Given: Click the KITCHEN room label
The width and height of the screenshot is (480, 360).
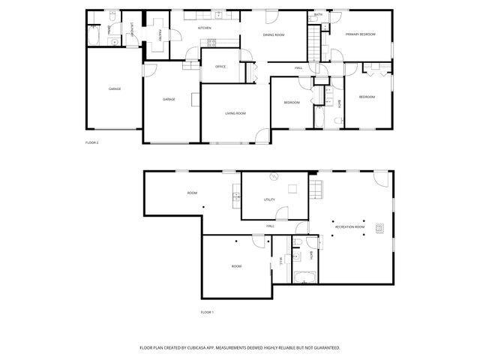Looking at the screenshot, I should point(203,28).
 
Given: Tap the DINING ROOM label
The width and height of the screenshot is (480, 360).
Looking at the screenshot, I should point(273,35).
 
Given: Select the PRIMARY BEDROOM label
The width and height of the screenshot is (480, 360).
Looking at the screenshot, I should point(360,35).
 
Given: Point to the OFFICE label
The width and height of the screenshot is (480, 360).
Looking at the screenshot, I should point(220,67).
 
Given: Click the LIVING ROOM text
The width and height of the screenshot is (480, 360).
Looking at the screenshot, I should point(235,113).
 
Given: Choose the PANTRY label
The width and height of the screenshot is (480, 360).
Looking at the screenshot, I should point(160,34).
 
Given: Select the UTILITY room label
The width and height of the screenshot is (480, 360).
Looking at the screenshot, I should point(270,200).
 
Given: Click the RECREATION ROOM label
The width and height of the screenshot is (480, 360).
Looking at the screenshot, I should point(349,226).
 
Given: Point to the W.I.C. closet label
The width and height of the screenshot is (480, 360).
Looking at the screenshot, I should point(280,260).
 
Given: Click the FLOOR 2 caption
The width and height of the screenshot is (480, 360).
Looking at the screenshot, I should point(92,142).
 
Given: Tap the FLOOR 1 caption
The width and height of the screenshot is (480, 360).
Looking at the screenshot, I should point(207,311).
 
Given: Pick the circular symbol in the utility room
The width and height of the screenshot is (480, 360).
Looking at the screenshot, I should point(274,177).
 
